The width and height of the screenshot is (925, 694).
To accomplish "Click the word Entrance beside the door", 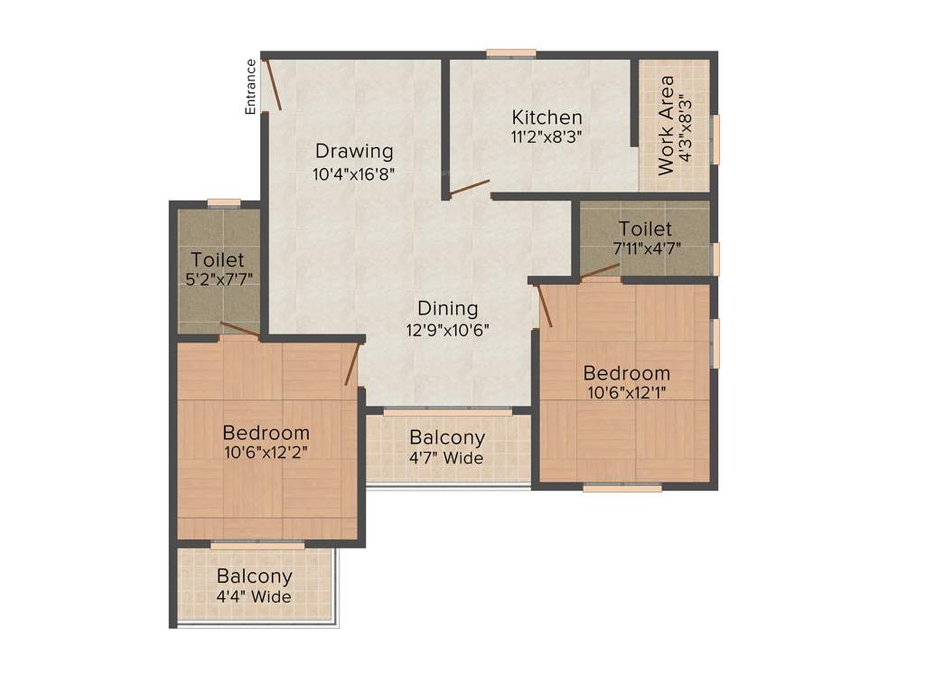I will click(251, 87).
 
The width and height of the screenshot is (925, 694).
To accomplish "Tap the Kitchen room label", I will click(547, 117).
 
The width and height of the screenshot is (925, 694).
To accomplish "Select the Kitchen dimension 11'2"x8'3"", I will click(547, 137).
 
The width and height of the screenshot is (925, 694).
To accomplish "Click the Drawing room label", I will click(353, 151).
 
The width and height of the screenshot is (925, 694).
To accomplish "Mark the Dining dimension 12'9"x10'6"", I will click(446, 330).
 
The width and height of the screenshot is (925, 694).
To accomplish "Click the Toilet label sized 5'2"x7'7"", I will click(217, 260).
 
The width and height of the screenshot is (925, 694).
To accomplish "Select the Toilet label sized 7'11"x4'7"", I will click(645, 229).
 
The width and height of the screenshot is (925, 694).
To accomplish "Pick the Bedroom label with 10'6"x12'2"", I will click(266, 433).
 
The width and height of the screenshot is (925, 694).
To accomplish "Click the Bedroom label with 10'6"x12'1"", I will click(626, 372).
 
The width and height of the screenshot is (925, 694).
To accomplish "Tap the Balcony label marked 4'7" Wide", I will click(447, 437).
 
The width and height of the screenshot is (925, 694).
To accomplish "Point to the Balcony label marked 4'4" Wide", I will click(254, 577).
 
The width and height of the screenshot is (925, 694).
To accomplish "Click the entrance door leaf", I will click(272, 84).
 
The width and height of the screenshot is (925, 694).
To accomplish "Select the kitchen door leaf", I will click(469, 187).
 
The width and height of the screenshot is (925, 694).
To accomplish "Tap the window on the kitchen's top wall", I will click(510, 53).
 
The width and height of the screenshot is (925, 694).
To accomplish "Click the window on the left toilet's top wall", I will click(223, 203).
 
